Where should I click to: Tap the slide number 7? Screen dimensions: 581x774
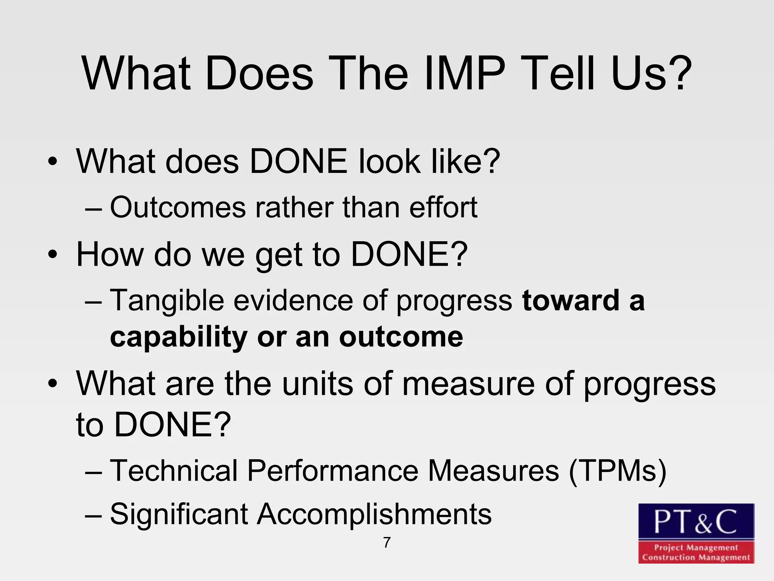tap(387, 542)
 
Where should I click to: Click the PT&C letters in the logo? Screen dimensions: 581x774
tap(696, 522)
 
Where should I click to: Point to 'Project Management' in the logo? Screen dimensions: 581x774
tap(696, 547)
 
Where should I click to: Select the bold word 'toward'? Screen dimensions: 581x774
tap(570, 301)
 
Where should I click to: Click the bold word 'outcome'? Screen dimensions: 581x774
tap(401, 337)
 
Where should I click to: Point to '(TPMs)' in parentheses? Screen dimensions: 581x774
tap(618, 471)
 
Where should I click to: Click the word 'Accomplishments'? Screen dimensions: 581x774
tap(374, 514)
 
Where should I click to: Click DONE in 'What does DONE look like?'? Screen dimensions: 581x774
tap(299, 162)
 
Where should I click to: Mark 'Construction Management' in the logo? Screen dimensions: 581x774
tap(696, 557)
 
